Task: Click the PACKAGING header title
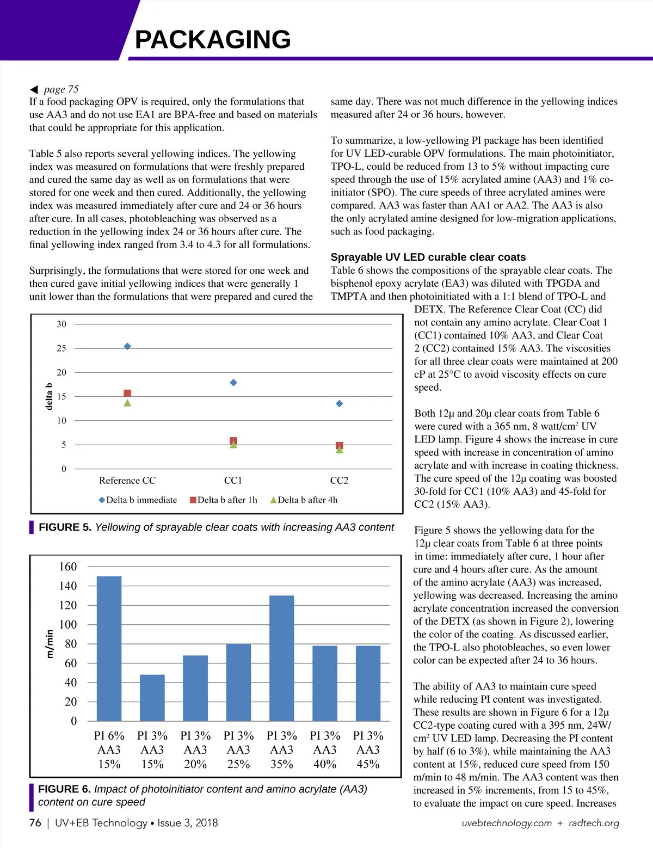[213, 39]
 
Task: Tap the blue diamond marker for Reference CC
[127, 346]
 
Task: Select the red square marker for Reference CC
[127, 393]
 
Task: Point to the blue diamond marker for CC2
[339, 404]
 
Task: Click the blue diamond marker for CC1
[233, 383]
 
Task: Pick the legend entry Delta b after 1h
[224, 500]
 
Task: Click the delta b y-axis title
[49, 396]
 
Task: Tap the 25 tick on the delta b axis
[61, 348]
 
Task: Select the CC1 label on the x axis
[233, 481]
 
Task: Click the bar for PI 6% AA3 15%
[109, 648]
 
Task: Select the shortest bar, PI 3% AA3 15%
[152, 698]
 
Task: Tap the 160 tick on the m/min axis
[68, 567]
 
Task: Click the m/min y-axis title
[50, 644]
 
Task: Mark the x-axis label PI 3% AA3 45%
[368, 749]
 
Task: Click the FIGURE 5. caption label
[65, 527]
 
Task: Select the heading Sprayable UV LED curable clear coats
[428, 257]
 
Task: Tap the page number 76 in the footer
[35, 822]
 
